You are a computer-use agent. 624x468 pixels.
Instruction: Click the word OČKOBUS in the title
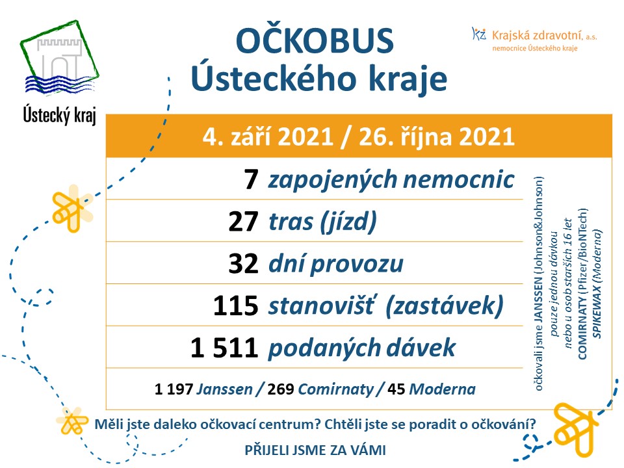[315, 41]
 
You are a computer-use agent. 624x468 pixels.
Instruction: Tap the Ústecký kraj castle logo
[59, 62]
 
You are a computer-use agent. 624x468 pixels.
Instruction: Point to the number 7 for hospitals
[252, 179]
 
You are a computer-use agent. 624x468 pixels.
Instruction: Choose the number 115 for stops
[235, 307]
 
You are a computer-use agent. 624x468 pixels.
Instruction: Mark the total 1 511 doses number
[224, 348]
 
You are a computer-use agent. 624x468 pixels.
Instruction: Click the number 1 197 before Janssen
[174, 390]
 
